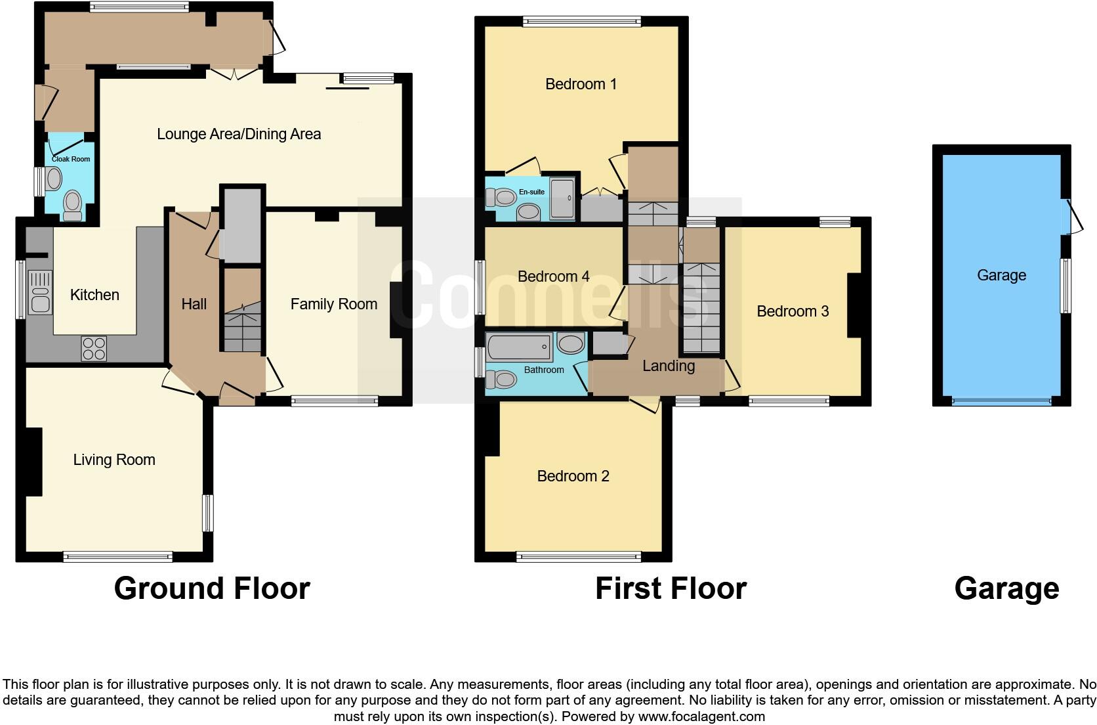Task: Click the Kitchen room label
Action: coord(94,295)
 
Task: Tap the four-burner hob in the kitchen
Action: coord(93,348)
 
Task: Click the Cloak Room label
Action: coord(71,159)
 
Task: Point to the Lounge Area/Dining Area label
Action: coord(239,134)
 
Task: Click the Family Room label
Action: coord(333,304)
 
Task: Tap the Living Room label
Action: coord(114,460)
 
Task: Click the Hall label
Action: coord(194,304)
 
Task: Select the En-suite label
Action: coord(531,192)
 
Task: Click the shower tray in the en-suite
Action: coord(562,198)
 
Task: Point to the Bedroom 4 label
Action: coord(553,276)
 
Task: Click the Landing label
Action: coord(668,366)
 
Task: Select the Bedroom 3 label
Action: coord(793,311)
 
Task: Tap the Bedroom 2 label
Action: coord(573,476)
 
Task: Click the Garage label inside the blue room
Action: coord(1001,275)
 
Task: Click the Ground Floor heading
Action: coord(212,588)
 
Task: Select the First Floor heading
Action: coord(671,588)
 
